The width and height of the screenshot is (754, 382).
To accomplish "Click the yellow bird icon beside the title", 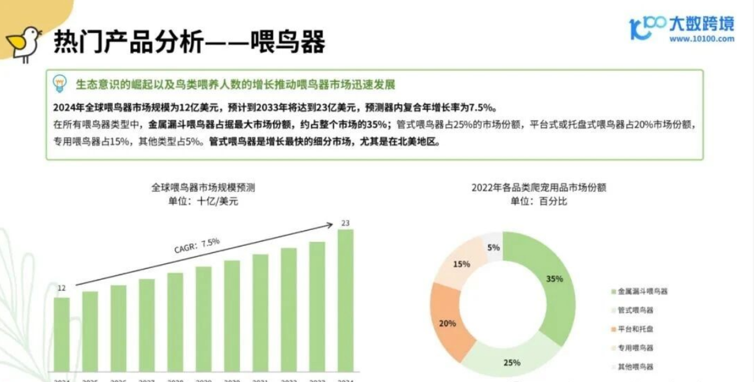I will click(23, 43).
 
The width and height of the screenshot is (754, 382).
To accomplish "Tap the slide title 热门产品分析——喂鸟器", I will click(189, 42).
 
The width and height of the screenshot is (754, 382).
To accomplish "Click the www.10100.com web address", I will click(701, 38).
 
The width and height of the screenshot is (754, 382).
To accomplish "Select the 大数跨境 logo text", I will click(701, 24).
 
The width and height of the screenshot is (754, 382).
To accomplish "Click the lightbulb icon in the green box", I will click(60, 84).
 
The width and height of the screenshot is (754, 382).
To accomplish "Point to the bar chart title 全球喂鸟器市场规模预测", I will click(203, 187).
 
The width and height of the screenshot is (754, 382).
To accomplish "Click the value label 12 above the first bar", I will click(61, 288).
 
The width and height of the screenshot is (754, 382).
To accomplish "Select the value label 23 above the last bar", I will click(345, 223).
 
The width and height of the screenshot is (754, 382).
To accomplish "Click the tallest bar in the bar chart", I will click(345, 304).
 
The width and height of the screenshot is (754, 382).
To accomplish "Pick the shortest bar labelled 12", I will click(61, 338).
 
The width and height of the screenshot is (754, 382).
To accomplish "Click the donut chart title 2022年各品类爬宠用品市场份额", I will click(538, 187).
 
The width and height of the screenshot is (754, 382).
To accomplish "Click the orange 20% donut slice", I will click(448, 323).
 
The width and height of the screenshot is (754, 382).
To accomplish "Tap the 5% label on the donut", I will click(493, 247).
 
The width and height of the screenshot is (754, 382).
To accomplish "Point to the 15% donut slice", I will click(461, 264).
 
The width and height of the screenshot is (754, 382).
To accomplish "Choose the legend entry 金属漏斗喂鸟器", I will click(639, 291).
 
